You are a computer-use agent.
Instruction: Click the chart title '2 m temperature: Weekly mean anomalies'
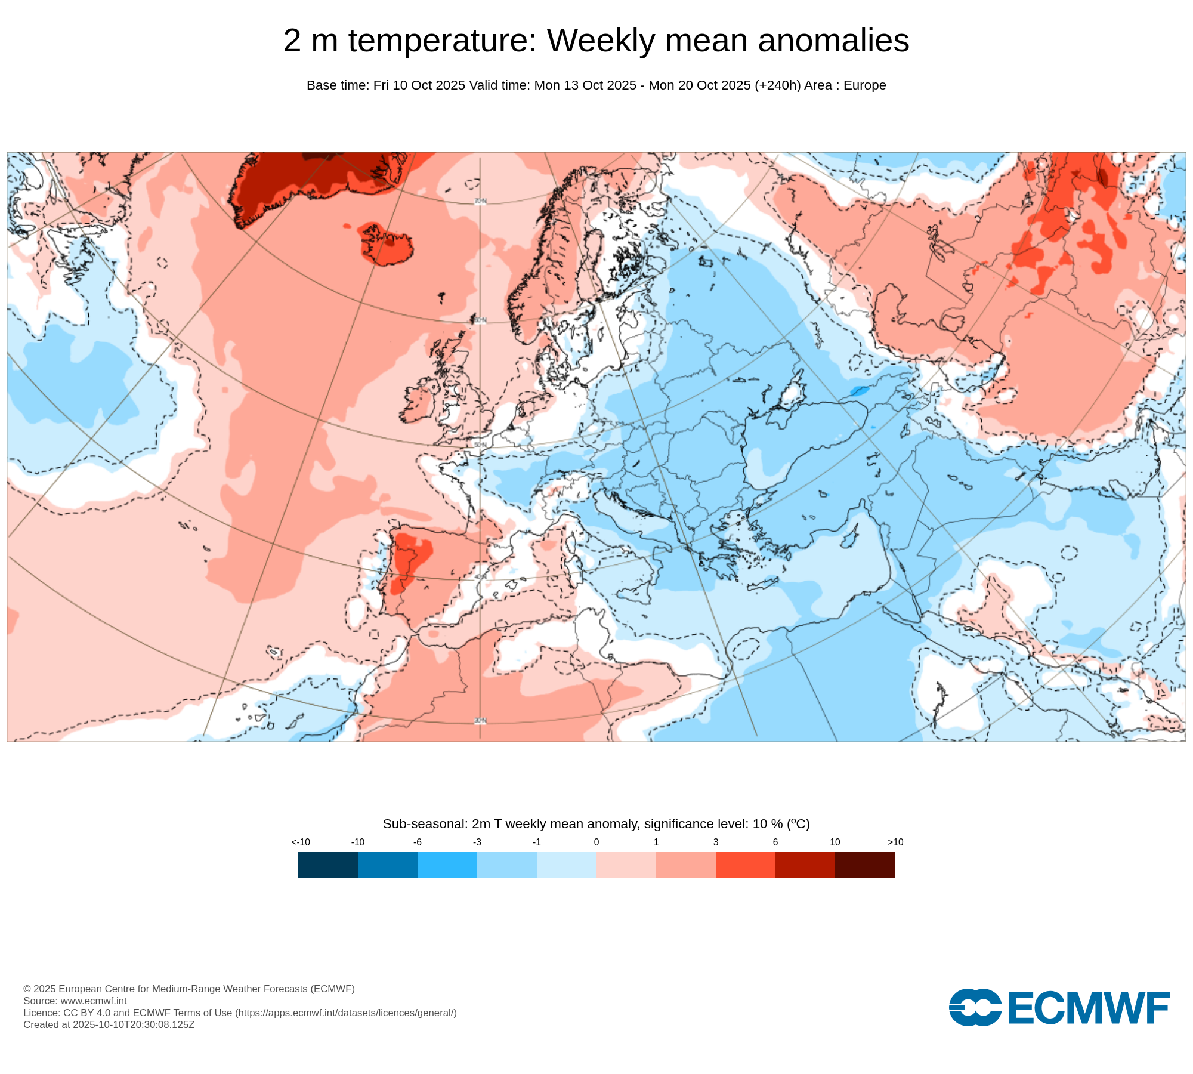pyautogui.click(x=596, y=41)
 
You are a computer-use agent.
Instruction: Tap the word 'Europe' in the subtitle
pyautogui.click(x=864, y=85)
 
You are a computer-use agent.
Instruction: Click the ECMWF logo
pyautogui.click(x=1059, y=1008)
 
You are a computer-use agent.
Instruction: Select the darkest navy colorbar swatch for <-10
pyautogui.click(x=327, y=865)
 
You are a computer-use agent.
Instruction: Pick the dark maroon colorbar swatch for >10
pyautogui.click(x=864, y=865)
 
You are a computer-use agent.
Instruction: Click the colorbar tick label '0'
pyautogui.click(x=596, y=842)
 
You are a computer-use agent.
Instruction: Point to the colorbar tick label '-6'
pyautogui.click(x=417, y=842)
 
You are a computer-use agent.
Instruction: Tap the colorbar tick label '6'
pyautogui.click(x=775, y=842)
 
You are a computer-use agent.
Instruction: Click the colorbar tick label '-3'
pyautogui.click(x=477, y=842)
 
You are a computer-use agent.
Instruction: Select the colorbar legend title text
pyautogui.click(x=596, y=824)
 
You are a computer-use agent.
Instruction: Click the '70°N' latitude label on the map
pyautogui.click(x=480, y=202)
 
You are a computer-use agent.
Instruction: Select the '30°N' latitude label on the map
pyautogui.click(x=480, y=721)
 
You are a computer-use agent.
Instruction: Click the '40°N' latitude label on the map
pyautogui.click(x=480, y=577)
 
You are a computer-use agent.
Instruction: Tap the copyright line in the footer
pyautogui.click(x=189, y=989)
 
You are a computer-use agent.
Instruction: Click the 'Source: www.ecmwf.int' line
pyautogui.click(x=75, y=1001)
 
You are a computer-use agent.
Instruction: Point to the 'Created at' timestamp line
pyautogui.click(x=109, y=1024)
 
